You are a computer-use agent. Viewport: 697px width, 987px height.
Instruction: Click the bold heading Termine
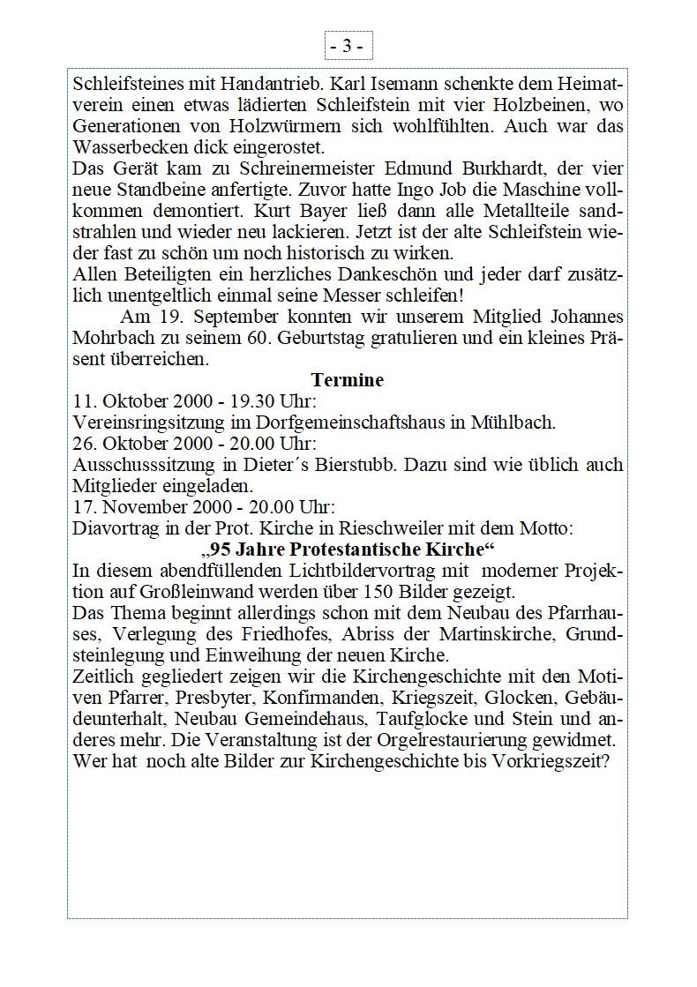[x=348, y=380]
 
